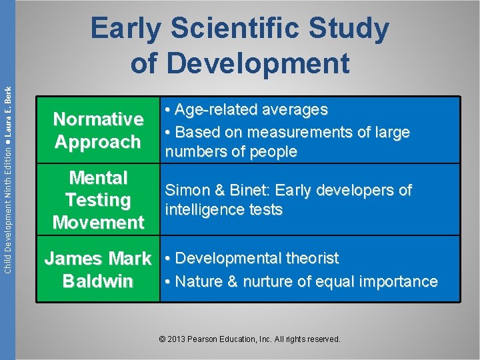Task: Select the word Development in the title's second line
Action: tap(259, 63)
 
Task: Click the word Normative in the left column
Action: tap(98, 119)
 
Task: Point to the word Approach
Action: tap(98, 142)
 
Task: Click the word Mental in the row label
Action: tap(98, 178)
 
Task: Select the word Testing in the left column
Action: tap(98, 200)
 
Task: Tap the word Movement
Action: tap(98, 223)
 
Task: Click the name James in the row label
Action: tap(73, 259)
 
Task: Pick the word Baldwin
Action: tap(98, 281)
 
